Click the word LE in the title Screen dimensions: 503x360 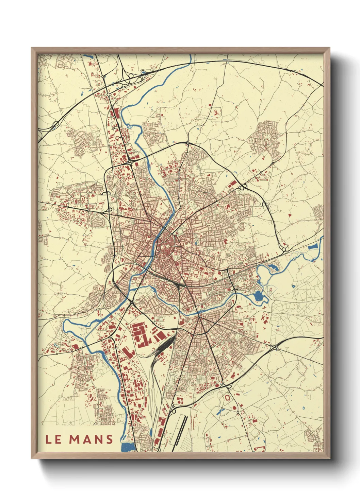click(x=53, y=439)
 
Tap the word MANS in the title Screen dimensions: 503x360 click(x=91, y=439)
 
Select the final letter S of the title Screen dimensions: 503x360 click(x=109, y=439)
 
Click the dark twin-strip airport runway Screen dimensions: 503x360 click(x=181, y=427)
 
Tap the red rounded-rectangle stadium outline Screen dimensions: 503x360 click(x=227, y=397)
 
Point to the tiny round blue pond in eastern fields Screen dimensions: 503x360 click(x=293, y=286)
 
